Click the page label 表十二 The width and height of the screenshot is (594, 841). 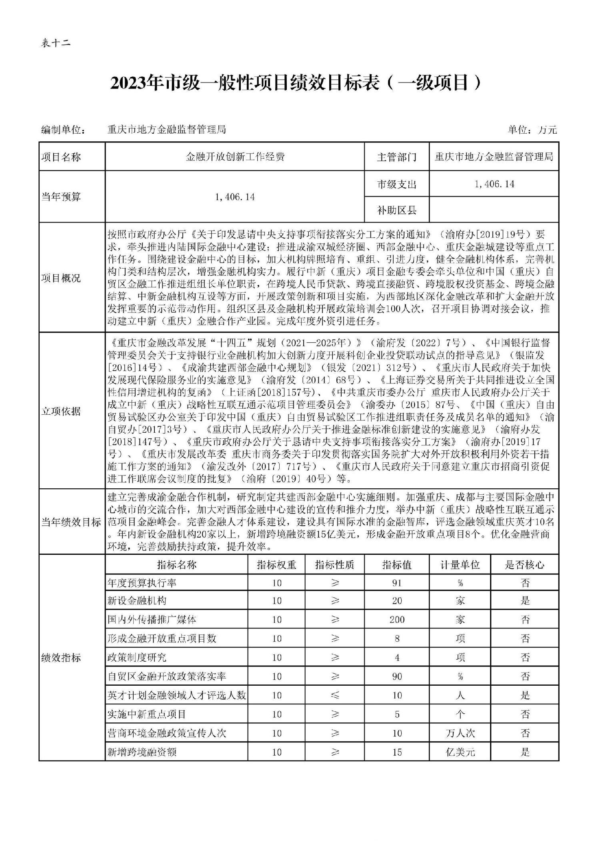(56, 43)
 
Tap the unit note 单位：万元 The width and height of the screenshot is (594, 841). (532, 130)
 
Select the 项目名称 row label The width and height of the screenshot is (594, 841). (61, 157)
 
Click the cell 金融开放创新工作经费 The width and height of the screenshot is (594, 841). (235, 157)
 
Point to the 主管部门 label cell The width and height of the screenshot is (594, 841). (396, 157)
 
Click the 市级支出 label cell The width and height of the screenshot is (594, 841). (396, 184)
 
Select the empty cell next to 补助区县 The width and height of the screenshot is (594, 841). (494, 210)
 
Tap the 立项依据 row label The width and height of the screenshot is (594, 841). (61, 411)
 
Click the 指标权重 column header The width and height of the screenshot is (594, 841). (276, 565)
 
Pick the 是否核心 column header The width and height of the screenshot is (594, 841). (524, 565)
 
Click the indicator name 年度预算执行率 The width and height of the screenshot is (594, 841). (142, 583)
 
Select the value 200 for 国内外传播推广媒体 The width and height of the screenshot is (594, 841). (396, 620)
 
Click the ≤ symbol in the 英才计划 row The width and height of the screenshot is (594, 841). (335, 695)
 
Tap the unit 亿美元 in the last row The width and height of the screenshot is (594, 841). (460, 752)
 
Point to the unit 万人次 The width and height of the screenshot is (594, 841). (460, 733)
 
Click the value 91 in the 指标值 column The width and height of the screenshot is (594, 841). (396, 583)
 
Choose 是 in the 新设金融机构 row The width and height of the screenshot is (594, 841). (524, 601)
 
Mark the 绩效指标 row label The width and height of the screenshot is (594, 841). (61, 657)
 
